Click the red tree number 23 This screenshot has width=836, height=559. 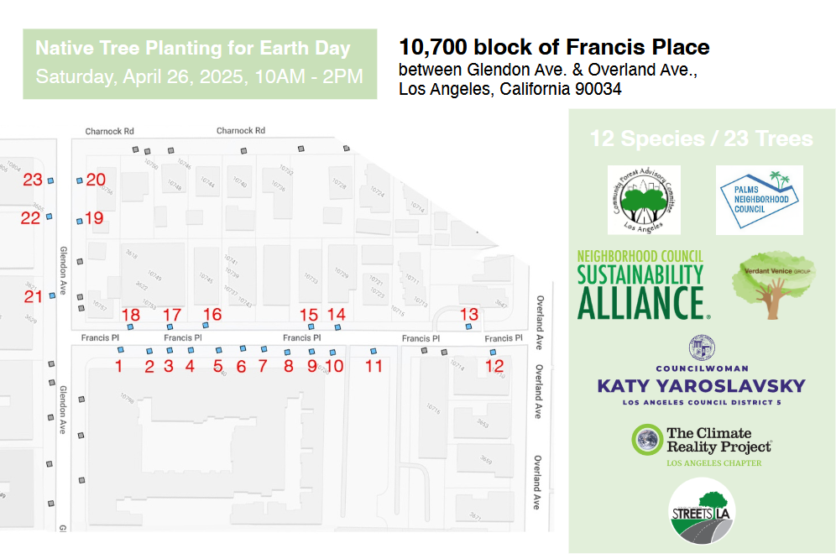tap(33, 180)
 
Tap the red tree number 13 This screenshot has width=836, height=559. tap(469, 314)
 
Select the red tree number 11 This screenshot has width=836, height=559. tap(374, 366)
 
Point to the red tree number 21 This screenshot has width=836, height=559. tap(33, 297)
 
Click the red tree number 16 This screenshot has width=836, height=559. tap(212, 315)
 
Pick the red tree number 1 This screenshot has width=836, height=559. tap(118, 366)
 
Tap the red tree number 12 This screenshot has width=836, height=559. tap(494, 366)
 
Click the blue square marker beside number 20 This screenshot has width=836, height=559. tap(79, 180)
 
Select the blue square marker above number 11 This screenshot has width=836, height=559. tap(374, 349)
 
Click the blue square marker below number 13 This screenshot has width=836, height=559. tap(468, 327)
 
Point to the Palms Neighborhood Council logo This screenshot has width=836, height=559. tap(759, 200)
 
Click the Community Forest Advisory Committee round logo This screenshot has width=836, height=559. tap(644, 200)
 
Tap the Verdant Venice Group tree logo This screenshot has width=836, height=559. tap(773, 285)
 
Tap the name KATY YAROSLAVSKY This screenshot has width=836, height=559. tap(701, 386)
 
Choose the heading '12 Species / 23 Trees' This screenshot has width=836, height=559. tap(701, 138)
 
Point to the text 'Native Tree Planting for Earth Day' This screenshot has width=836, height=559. tap(193, 49)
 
